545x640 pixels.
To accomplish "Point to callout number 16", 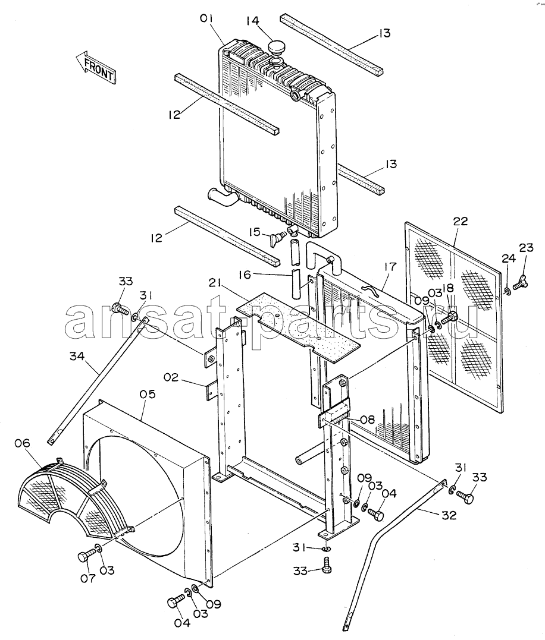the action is click(x=245, y=275).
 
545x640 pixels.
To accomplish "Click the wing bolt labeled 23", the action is click(x=519, y=282).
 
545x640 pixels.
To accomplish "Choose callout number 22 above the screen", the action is click(x=461, y=221).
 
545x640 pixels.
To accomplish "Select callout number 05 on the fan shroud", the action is click(x=148, y=395).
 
